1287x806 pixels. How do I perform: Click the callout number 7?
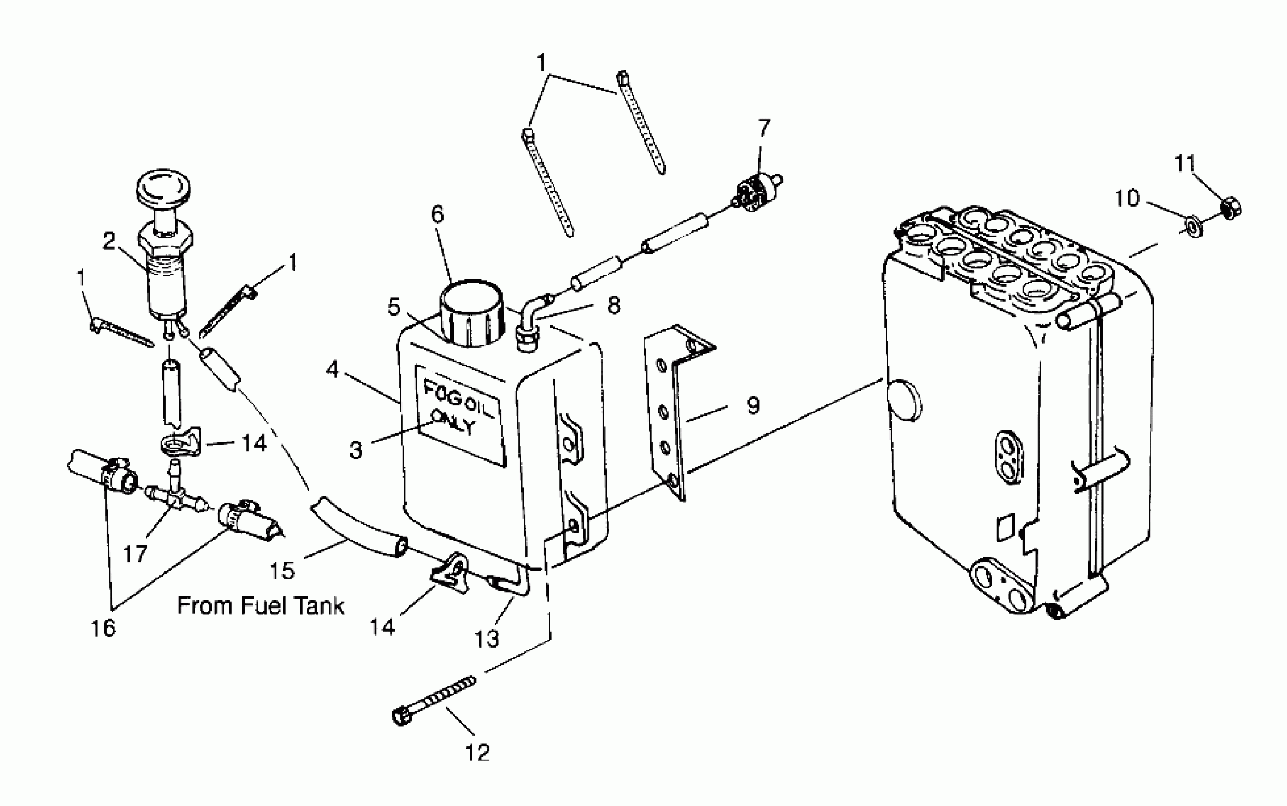click(764, 128)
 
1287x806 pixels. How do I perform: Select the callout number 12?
click(477, 753)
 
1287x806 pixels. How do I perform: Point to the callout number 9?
click(752, 406)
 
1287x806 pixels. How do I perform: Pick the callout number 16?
click(103, 628)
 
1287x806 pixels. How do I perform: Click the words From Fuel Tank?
click(261, 606)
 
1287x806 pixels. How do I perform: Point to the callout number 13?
click(487, 638)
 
